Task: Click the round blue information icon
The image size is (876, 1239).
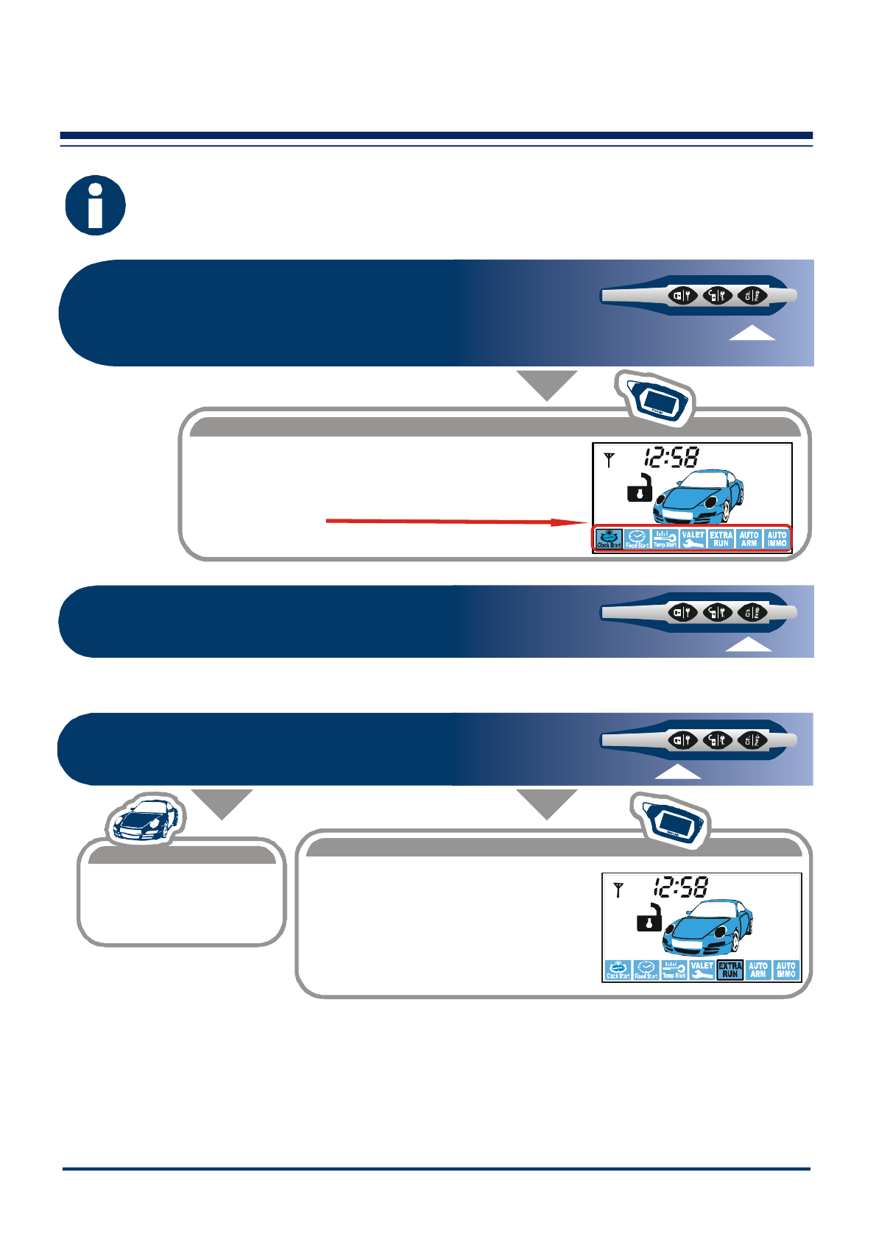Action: click(x=95, y=205)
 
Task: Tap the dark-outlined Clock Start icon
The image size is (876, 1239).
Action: click(x=609, y=539)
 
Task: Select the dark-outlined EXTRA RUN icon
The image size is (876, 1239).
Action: click(x=730, y=969)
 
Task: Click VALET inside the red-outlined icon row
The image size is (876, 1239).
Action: click(x=693, y=539)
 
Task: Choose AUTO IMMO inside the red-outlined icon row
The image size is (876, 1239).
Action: click(x=777, y=539)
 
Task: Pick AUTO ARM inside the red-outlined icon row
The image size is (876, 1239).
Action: click(x=749, y=539)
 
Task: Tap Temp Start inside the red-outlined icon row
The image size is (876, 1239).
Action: click(x=665, y=539)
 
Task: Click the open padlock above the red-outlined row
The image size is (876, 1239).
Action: click(x=640, y=489)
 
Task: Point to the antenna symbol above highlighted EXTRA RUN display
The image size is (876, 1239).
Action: click(x=618, y=890)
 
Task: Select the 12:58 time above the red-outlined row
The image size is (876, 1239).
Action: click(x=671, y=458)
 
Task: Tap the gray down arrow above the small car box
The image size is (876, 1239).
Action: click(x=222, y=803)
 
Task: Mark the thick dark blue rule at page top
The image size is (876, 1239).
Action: click(x=437, y=135)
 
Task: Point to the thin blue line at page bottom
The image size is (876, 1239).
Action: click(x=437, y=1168)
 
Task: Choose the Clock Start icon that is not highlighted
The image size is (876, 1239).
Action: click(x=618, y=969)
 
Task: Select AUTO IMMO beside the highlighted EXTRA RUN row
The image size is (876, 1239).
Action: click(x=785, y=969)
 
